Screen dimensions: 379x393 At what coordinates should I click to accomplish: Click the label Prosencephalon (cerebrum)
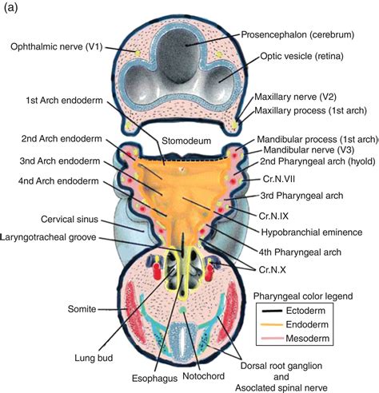pos(297,34)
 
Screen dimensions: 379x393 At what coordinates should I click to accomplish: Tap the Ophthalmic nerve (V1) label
pos(57,47)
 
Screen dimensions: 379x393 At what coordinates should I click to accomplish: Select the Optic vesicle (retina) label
pos(301,56)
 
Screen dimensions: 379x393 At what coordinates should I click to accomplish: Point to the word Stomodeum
pos(186,141)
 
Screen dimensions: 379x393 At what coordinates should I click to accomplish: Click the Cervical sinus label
pos(70,220)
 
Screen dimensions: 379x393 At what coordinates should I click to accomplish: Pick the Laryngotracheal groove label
pos(49,237)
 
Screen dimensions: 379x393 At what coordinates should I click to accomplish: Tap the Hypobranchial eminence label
pos(312,232)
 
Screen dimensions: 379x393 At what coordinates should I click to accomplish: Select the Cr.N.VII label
pos(279,179)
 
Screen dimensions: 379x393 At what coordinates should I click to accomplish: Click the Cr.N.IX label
pos(273,216)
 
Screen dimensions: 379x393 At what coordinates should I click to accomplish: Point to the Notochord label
pos(203,376)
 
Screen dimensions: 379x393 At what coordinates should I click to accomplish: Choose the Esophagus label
pos(154,379)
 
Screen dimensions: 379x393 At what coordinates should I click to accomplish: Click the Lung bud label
pos(94,358)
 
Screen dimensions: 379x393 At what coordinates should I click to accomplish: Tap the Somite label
pos(82,309)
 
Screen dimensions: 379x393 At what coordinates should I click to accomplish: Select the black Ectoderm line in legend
pos(272,311)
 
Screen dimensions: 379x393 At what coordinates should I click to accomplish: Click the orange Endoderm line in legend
pos(272,324)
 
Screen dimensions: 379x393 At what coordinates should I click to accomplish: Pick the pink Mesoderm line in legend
pos(273,339)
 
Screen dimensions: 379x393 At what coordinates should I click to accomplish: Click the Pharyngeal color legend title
pos(303,296)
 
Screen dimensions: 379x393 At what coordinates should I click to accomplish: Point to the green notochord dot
pos(183,309)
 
